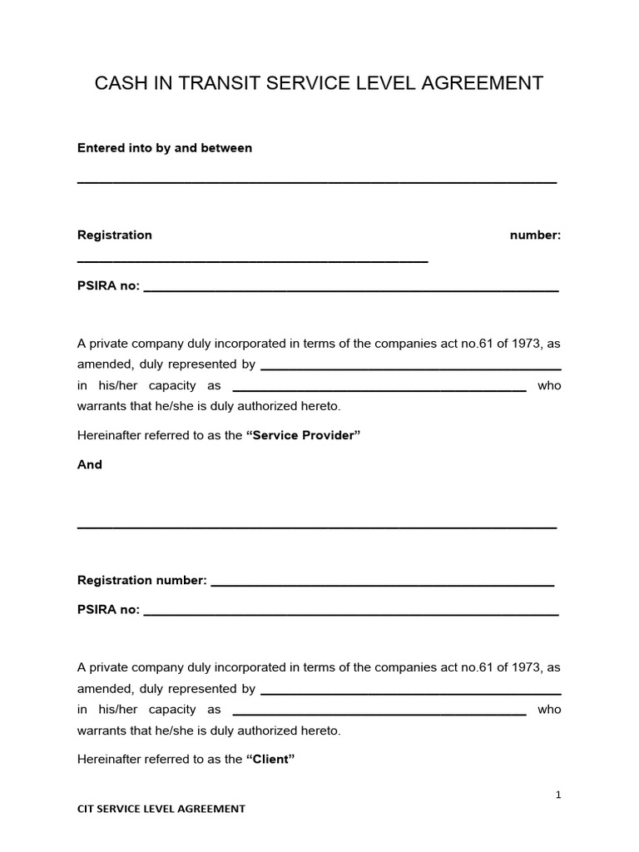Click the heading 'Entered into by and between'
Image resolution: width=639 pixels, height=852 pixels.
(165, 148)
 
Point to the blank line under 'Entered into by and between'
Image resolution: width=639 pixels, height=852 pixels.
(317, 181)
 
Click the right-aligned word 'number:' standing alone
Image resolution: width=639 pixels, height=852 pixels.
(535, 235)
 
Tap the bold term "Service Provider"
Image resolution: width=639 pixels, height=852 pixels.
(303, 435)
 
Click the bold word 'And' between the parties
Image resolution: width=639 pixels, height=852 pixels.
(90, 465)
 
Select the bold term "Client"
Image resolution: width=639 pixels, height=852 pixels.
(271, 759)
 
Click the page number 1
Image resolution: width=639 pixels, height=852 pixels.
(558, 795)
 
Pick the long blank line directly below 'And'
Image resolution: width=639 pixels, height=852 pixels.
(317, 528)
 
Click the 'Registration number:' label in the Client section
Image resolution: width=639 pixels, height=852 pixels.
(141, 581)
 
